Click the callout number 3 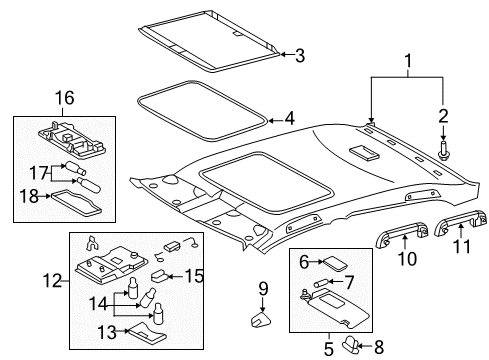pos(300,55)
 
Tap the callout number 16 pos(64,98)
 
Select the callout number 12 pos(53,281)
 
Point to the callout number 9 pos(263,289)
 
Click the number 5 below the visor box pos(329,349)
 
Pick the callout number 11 pos(462,247)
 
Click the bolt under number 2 pos(443,151)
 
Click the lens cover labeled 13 pos(147,332)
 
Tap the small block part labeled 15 pos(160,275)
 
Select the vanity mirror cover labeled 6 pos(335,263)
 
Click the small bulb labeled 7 pos(321,283)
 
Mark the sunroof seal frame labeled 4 pos(203,110)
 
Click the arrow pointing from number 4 pos(275,120)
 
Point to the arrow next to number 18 pos(45,197)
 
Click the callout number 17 pos(39,173)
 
